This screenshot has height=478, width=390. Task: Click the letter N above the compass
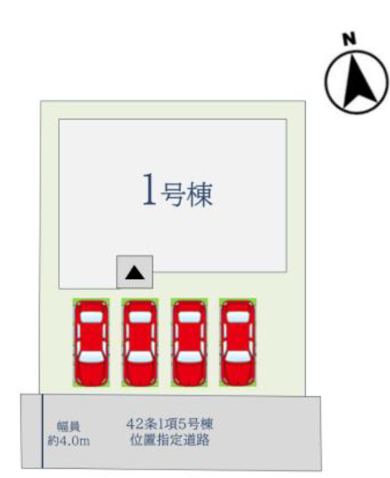[350, 39]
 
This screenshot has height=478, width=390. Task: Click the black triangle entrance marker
[135, 272]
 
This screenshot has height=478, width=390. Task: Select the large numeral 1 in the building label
[150, 189]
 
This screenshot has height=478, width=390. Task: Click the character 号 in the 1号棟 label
[174, 194]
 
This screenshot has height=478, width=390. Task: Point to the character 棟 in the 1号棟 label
[200, 194]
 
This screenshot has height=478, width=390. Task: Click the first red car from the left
[92, 342]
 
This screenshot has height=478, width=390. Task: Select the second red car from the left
[140, 342]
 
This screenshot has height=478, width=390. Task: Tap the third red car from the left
[190, 342]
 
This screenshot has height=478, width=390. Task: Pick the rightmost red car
[238, 342]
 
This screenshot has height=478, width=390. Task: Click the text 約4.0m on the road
[69, 441]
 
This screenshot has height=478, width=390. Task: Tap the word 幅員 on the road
[69, 427]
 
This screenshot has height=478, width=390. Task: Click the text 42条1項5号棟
[170, 424]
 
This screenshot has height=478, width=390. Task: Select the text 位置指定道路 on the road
[170, 440]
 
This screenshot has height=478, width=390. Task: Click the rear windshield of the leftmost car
[92, 317]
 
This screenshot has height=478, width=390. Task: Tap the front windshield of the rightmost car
[238, 357]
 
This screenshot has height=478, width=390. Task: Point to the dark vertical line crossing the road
[42, 431]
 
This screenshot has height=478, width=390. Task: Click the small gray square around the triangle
[135, 272]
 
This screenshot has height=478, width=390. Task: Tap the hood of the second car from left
[140, 372]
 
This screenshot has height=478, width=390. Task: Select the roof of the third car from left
[190, 337]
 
